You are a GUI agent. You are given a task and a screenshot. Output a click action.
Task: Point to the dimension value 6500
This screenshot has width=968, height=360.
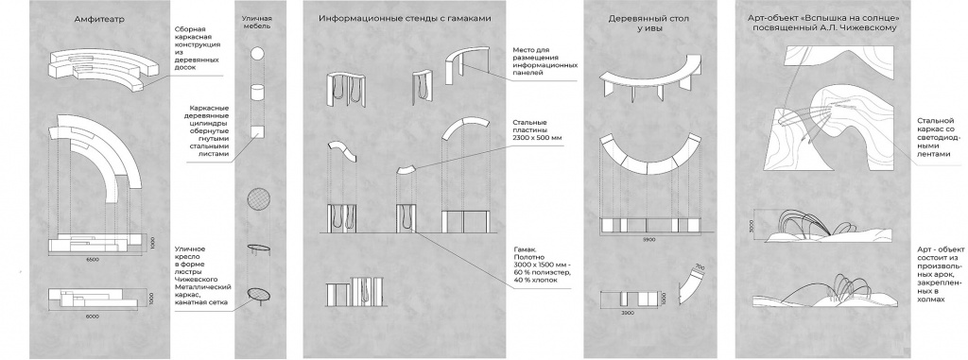point(94,258)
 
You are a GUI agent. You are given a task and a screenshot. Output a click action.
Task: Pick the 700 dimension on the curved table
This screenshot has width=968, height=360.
point(699,268)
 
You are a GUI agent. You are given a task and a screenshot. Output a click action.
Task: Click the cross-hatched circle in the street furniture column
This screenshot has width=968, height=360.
point(257,200)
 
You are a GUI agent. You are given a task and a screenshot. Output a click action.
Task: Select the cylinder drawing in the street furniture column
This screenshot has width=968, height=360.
point(257,95)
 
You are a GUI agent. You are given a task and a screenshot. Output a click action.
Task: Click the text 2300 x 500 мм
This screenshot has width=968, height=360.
point(536,138)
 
